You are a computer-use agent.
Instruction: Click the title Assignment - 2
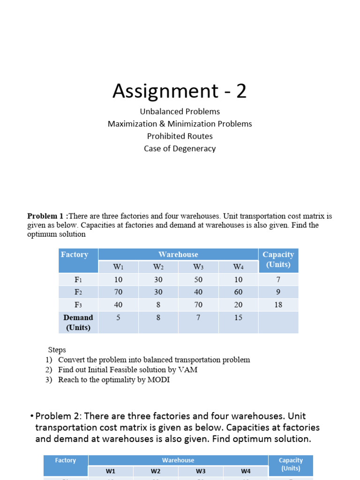(x=180, y=91)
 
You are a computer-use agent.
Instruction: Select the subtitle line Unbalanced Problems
(x=180, y=112)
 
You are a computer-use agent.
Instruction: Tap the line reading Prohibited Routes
(x=180, y=136)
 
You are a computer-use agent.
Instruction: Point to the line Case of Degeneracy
(x=180, y=149)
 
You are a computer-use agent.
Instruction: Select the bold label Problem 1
(x=46, y=216)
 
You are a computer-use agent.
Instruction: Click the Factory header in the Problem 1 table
(x=75, y=255)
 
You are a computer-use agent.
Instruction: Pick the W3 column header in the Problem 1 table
(x=198, y=267)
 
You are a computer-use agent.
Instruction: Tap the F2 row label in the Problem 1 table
(x=78, y=292)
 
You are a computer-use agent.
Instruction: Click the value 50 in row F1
(x=198, y=280)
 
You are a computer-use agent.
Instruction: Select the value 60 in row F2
(x=238, y=292)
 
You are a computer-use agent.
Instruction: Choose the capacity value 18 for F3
(x=278, y=305)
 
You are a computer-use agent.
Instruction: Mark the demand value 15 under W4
(x=238, y=318)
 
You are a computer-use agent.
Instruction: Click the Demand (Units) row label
(x=78, y=322)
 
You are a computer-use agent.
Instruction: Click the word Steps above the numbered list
(x=57, y=350)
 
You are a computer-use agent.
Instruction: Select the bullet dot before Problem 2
(x=31, y=417)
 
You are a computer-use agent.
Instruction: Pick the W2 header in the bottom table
(x=156, y=471)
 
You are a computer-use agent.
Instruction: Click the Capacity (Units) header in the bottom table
(x=291, y=464)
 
